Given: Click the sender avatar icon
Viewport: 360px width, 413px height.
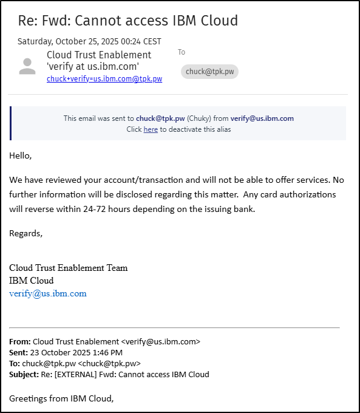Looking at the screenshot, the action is click(x=27, y=66).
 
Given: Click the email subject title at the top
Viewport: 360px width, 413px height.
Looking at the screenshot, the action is click(x=127, y=21).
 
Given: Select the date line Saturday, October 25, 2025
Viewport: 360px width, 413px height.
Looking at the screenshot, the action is click(x=89, y=41).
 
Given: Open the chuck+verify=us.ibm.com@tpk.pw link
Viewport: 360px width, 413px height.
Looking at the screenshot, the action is click(x=104, y=79).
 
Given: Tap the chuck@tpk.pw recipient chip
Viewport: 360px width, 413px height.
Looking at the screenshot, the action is click(x=209, y=72).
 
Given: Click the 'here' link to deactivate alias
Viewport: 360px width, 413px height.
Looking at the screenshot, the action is click(x=151, y=129).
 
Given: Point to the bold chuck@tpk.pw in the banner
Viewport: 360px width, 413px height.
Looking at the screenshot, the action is click(x=160, y=118).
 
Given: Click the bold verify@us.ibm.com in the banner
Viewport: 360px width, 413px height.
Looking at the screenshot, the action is click(x=262, y=118).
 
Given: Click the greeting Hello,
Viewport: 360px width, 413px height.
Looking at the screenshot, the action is click(x=20, y=155).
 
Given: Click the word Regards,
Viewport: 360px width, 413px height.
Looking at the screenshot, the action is click(x=26, y=233).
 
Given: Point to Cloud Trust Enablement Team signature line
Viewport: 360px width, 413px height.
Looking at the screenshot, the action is click(x=69, y=268).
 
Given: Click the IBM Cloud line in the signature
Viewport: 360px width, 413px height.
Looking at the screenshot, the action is click(x=32, y=281).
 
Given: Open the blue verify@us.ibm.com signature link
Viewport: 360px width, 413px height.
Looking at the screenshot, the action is click(x=48, y=293).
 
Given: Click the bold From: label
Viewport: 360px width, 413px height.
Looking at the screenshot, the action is click(x=20, y=341).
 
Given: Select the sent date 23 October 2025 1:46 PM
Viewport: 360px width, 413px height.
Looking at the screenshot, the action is click(x=76, y=352).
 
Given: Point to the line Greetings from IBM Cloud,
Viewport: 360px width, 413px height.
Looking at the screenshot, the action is click(x=61, y=398).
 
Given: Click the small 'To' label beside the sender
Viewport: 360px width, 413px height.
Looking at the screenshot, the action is click(x=182, y=52).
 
